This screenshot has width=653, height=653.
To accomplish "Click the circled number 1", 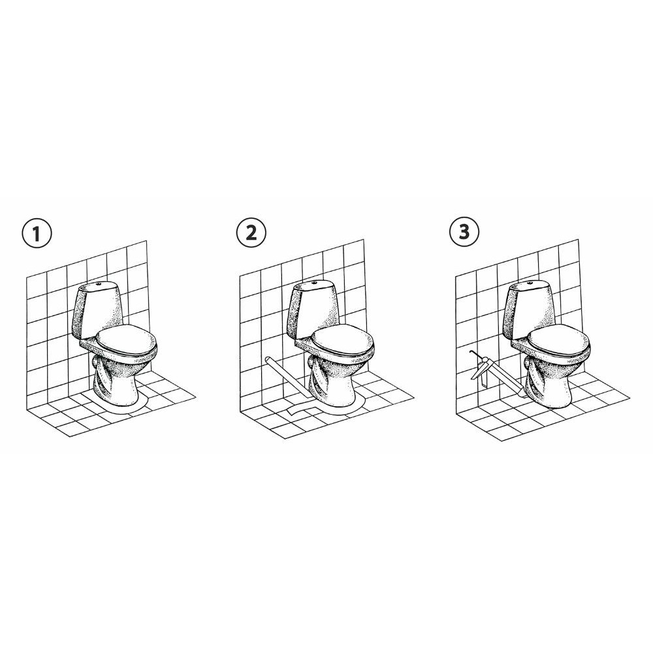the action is [37, 233].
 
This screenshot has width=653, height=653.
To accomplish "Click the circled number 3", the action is [464, 231].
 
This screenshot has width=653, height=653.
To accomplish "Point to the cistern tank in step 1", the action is [96, 308].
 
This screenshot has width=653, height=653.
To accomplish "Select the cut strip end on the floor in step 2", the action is [299, 408].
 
